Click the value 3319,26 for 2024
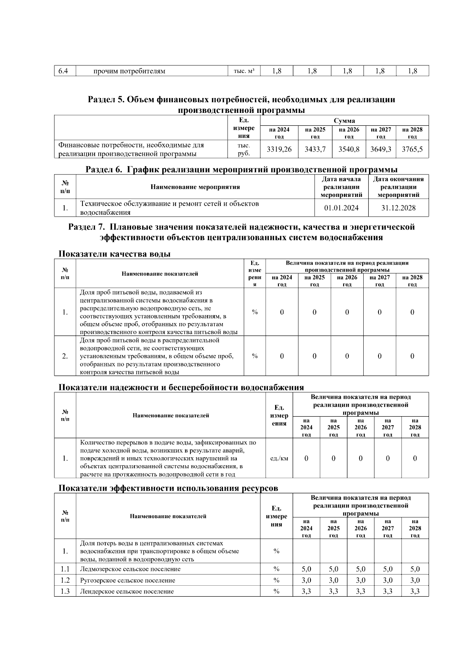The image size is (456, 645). coord(279,149)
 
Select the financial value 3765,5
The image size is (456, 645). coord(412,149)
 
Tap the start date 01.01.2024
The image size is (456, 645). coord(341,208)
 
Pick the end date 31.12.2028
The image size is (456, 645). coord(398,208)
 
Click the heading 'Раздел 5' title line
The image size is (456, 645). coord(241,100)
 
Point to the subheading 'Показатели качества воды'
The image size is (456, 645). coord(114,254)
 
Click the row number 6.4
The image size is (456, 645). coord(63,71)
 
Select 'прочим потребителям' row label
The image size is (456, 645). coord(129,71)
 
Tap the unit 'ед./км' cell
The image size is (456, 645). coord(279,458)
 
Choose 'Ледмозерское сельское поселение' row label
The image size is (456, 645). coord(130,569)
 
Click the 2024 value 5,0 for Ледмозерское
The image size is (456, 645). coord(306,569)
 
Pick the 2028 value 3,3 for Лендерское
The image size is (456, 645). coord(415,591)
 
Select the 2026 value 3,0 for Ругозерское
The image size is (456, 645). coord(361,580)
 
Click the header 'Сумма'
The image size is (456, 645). coord(344,121)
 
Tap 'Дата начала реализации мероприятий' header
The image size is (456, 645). coord(341,187)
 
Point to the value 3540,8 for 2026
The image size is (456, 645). coord(349,149)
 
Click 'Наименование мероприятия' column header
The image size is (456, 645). coord(195,187)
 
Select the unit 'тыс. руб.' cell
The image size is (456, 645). coord(244,149)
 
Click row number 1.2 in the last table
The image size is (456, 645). coord(65,580)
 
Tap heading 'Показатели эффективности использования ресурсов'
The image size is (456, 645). coord(168,488)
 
